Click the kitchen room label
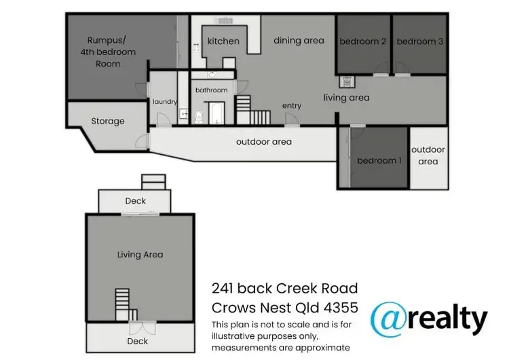(223, 41)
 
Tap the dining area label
(299, 41)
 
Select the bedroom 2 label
(363, 41)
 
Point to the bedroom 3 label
(420, 41)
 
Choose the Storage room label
(108, 122)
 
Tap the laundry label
(164, 102)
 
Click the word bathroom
(211, 90)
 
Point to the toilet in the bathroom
(199, 117)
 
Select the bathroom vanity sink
(212, 73)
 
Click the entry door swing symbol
(291, 120)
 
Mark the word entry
(292, 106)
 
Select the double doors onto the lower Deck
(139, 316)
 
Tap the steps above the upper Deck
(153, 182)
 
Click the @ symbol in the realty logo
(390, 319)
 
